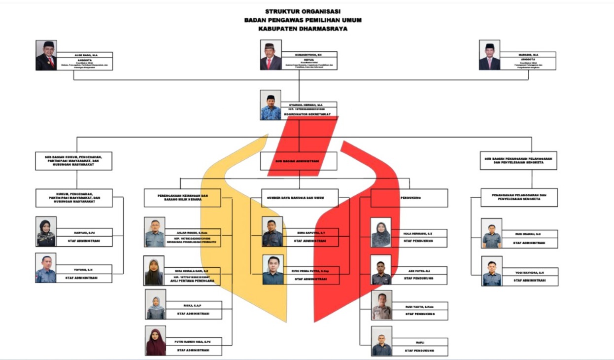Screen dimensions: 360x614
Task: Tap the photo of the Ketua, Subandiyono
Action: [271, 55]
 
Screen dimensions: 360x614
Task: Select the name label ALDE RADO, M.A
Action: [85, 55]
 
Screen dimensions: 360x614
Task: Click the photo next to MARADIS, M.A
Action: [489, 55]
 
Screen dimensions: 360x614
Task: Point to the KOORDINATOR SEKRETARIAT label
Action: [306, 114]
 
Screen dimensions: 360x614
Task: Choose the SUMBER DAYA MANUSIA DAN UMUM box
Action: [300, 197]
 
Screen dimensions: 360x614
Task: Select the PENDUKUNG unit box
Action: [409, 197]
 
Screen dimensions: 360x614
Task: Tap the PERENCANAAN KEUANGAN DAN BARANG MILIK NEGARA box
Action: [182, 197]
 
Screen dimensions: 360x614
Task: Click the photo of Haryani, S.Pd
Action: [46, 232]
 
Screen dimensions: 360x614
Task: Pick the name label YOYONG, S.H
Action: [84, 269]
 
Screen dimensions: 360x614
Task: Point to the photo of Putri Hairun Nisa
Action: [156, 341]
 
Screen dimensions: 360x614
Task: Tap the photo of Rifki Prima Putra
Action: [273, 270]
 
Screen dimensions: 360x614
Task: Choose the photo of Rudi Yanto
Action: [382, 305]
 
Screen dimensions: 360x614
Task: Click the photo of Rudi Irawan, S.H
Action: [491, 233]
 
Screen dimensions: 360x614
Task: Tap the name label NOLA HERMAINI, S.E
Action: [418, 232]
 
